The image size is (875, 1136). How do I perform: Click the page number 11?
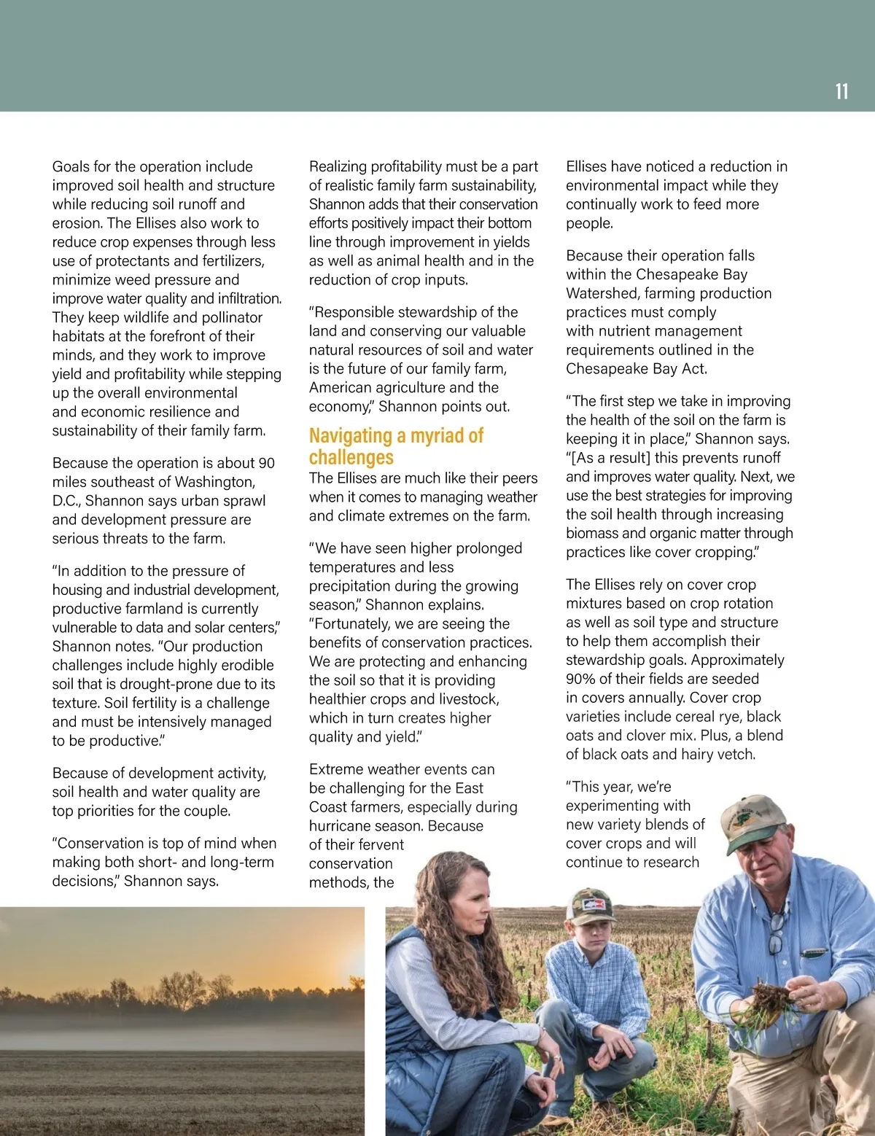pyautogui.click(x=841, y=91)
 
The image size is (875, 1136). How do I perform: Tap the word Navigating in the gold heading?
pyautogui.click(x=350, y=436)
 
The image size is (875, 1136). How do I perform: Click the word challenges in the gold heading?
pyautogui.click(x=351, y=457)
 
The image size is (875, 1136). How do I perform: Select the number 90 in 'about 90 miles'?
pyautogui.click(x=266, y=463)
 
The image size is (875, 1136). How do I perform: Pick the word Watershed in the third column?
pyautogui.click(x=600, y=293)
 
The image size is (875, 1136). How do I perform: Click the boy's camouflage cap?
pyautogui.click(x=591, y=905)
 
